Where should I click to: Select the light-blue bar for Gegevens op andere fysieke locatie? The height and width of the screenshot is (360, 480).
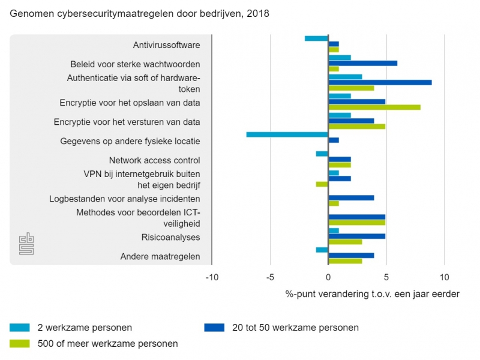(287, 134)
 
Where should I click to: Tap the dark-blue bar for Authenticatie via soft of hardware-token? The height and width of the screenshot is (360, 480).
(380, 83)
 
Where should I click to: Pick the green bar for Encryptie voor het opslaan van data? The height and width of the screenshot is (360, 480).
(374, 108)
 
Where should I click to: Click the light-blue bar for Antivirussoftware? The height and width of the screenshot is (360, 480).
(317, 38)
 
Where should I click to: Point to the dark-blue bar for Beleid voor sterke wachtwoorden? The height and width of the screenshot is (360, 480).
(363, 63)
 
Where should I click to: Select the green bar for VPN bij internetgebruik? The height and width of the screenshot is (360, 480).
(322, 184)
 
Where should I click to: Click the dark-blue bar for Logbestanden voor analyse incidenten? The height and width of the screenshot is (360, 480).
(352, 197)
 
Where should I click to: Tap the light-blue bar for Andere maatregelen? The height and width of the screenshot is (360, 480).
(322, 250)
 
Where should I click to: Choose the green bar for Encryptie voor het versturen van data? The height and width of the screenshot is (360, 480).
(357, 127)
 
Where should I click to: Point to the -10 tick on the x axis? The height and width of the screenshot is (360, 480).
(212, 277)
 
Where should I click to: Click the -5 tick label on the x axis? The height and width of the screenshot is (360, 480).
(270, 277)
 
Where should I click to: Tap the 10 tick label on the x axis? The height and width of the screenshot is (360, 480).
(444, 277)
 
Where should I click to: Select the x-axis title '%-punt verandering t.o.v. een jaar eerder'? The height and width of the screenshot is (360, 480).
(372, 294)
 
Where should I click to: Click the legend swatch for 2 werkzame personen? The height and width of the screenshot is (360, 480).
(20, 328)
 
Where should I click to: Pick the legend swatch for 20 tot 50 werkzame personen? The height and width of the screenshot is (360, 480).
(214, 328)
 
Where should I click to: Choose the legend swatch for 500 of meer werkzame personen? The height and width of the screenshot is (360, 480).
(20, 344)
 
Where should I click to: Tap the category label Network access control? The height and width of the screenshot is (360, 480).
(154, 160)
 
